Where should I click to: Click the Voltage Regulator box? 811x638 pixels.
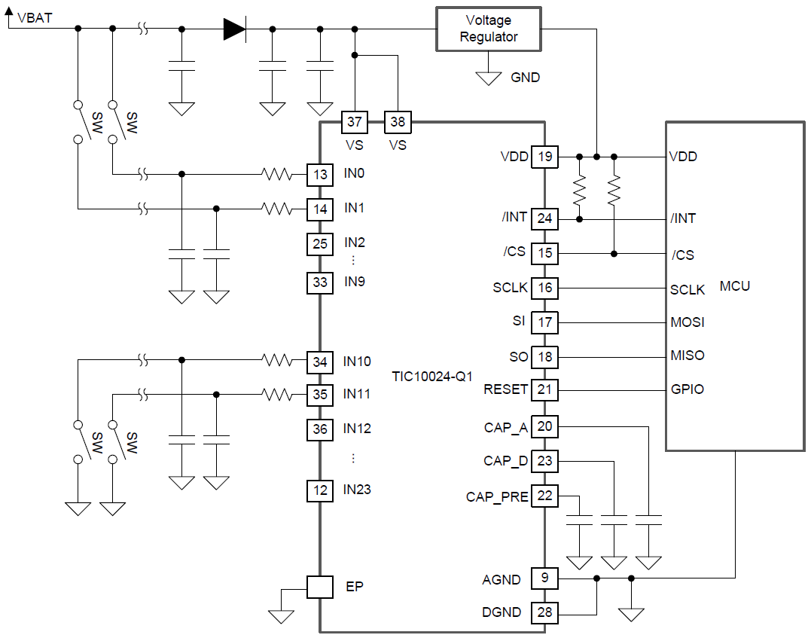[489, 29]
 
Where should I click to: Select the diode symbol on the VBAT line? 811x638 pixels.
[234, 29]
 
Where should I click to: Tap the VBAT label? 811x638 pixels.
[34, 17]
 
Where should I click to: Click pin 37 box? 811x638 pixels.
[355, 121]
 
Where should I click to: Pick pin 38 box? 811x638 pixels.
[397, 121]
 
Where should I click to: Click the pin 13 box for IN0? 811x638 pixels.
[320, 175]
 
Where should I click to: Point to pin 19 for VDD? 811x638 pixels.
[544, 157]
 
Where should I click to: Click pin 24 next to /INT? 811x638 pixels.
[544, 218]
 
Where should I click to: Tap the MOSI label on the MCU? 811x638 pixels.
[688, 322]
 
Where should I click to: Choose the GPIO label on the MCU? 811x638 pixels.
[687, 390]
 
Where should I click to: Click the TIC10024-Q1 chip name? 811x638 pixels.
[432, 375]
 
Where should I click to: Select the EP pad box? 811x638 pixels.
[320, 587]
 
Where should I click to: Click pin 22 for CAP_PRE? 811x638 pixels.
[544, 496]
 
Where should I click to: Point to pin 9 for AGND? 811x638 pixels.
[544, 578]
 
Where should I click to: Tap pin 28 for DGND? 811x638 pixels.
[544, 612]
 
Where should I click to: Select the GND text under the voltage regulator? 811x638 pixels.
[525, 78]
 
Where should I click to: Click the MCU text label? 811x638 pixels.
[734, 286]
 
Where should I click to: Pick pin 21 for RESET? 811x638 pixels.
[544, 390]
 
